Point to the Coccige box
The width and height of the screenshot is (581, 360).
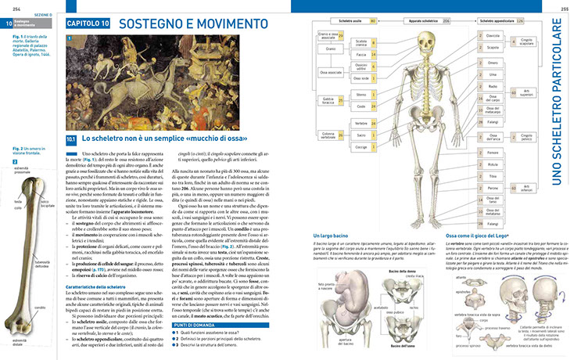pyautogui.click(x=360, y=146)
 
